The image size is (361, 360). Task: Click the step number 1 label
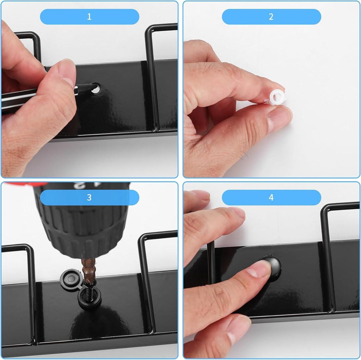[89, 17]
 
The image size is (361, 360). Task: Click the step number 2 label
[271, 17]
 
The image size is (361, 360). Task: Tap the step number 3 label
[89, 197]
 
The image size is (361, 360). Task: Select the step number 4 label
[271, 197]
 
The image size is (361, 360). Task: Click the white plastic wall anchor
[277, 98]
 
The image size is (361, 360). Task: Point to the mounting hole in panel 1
[96, 89]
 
